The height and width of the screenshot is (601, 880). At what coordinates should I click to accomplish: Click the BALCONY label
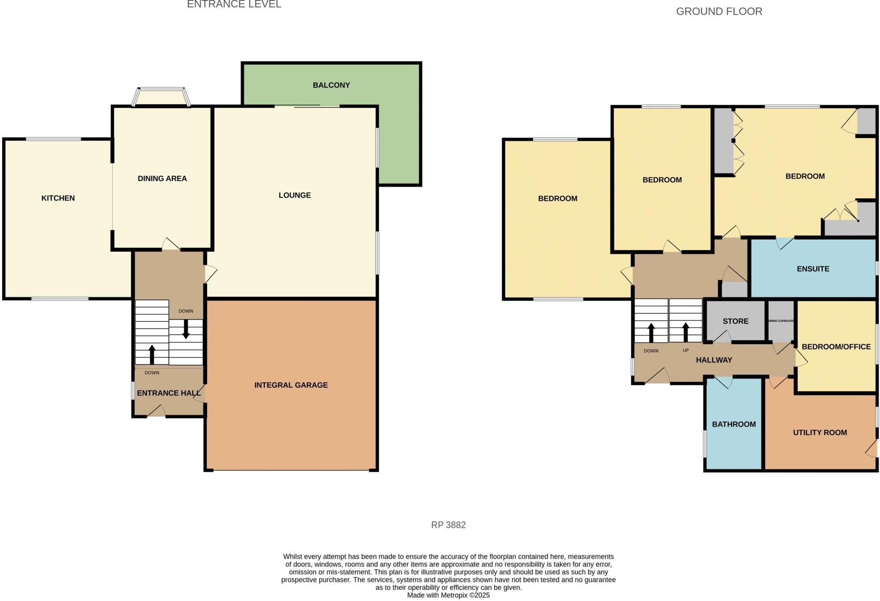331,85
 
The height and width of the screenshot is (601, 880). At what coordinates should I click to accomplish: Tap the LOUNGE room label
294,195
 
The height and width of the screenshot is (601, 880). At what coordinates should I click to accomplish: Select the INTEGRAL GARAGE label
291,385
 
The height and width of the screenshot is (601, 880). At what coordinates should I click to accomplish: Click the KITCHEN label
58,198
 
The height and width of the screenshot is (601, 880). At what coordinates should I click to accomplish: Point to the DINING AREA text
162,179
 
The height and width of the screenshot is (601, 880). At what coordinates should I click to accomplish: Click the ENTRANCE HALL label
168,393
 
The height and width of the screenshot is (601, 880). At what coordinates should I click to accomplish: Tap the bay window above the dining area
161,97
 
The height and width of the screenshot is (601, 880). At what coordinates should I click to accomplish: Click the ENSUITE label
813,269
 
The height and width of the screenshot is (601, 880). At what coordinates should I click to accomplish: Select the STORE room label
735,321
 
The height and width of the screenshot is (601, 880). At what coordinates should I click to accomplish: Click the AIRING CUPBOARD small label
781,321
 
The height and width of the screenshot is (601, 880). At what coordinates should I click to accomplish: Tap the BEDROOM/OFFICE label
836,347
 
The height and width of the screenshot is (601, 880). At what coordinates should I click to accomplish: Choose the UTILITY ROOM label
819,433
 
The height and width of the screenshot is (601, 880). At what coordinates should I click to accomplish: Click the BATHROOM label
733,424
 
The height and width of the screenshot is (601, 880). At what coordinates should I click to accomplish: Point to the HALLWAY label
714,360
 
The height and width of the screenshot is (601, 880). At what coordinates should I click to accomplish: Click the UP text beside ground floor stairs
685,350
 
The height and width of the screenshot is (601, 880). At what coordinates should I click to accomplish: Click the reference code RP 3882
448,525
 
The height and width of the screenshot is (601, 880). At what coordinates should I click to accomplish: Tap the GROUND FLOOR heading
719,12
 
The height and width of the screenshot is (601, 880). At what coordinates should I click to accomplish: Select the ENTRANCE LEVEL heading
234,5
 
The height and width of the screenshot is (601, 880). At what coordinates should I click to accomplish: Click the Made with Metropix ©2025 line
448,595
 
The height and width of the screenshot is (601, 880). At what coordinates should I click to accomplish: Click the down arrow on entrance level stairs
186,329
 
